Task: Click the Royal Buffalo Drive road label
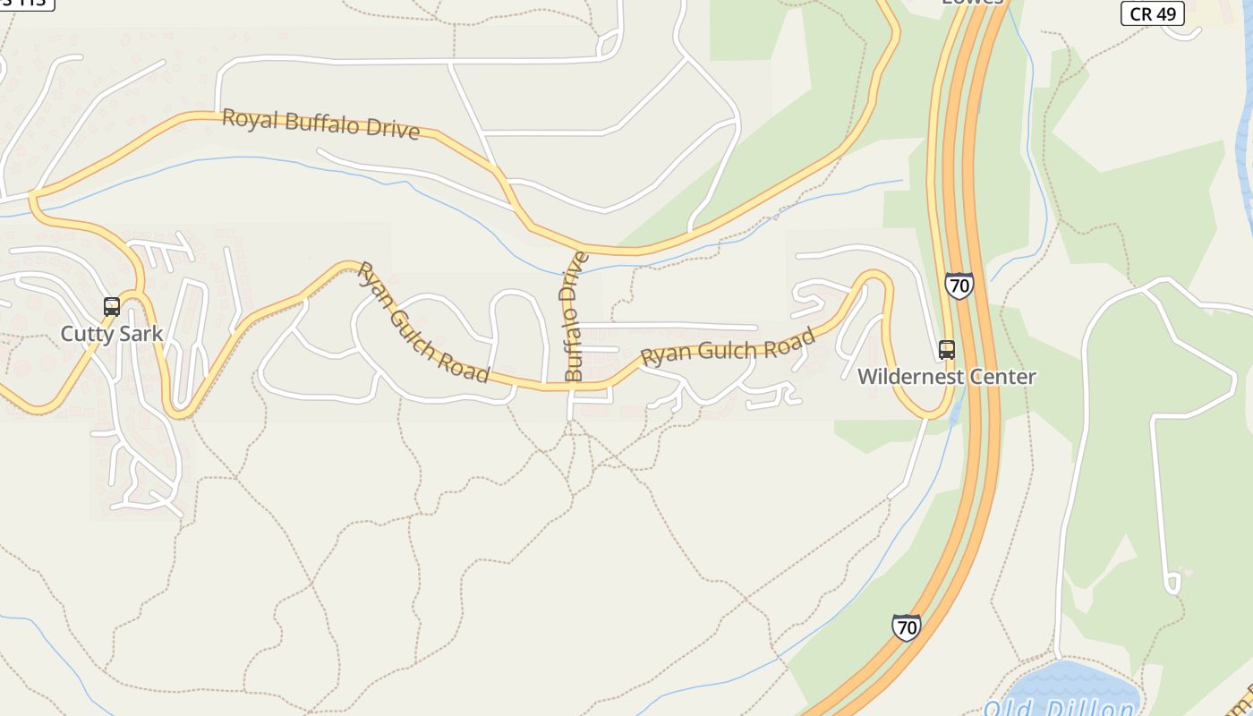[x=320, y=124]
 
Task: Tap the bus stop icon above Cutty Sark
[x=112, y=307]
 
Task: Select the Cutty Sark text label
[x=112, y=334]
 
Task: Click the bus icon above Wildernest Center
[x=947, y=350]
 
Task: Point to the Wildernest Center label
[x=947, y=377]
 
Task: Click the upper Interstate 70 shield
[x=959, y=286]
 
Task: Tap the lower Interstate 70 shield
[x=907, y=627]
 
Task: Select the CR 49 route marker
[x=1153, y=13]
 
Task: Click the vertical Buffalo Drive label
[x=574, y=317]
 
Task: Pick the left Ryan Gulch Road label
[x=422, y=322]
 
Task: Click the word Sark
[x=141, y=334]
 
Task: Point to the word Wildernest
[x=915, y=377]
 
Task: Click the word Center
[x=1006, y=377]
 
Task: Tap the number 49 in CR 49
[x=1167, y=13]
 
